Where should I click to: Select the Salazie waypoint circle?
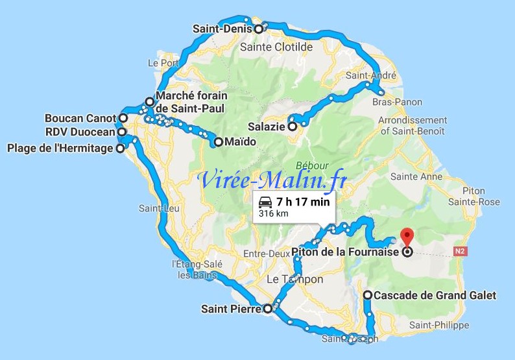pos(293,126)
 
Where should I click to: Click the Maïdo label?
pos(237,141)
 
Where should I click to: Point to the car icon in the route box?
pos(265,202)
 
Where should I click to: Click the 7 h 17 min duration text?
pos(302,202)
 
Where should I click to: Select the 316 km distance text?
pos(273,213)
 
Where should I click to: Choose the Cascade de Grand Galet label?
pos(435,295)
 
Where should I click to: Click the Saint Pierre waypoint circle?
pos(267,309)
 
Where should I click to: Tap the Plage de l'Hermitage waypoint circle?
pos(120,148)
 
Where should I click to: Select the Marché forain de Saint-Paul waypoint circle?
pos(150,101)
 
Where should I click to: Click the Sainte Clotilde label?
pos(276,47)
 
